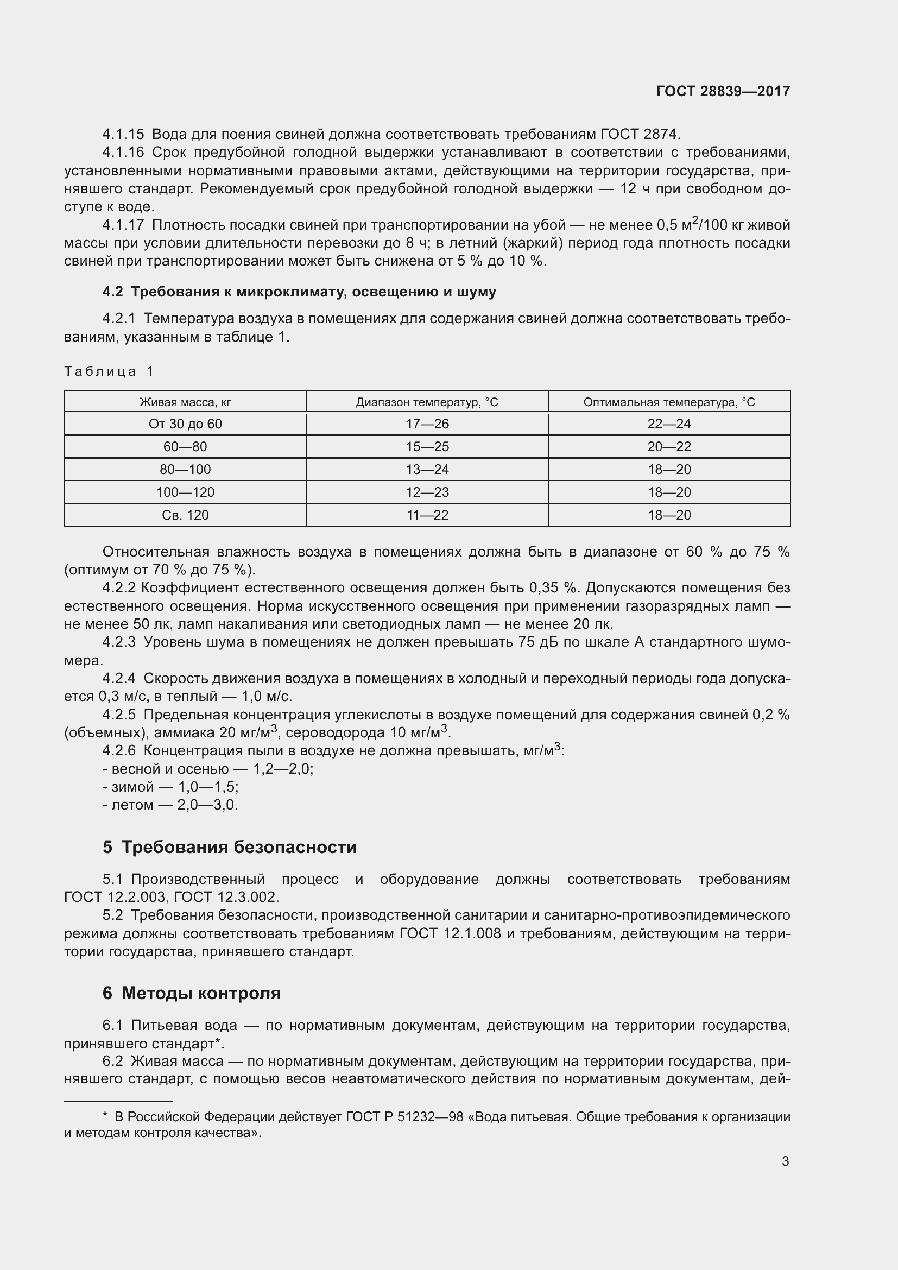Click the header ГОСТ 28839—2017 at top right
click(x=723, y=91)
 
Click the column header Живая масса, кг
click(x=185, y=402)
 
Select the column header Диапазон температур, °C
click(x=427, y=402)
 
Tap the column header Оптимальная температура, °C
click(x=669, y=402)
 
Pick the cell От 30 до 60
click(x=185, y=424)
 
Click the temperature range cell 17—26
click(x=427, y=424)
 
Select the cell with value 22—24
click(x=669, y=424)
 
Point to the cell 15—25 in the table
click(x=427, y=447)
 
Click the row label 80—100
click(x=185, y=470)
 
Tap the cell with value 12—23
click(x=427, y=492)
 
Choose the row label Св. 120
click(x=185, y=515)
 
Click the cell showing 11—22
click(x=427, y=515)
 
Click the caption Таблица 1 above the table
click(x=109, y=371)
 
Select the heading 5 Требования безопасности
click(x=230, y=847)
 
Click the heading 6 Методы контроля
click(x=191, y=993)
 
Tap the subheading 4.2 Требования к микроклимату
click(x=299, y=292)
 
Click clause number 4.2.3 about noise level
click(x=119, y=642)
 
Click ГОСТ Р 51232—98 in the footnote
click(x=404, y=1117)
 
